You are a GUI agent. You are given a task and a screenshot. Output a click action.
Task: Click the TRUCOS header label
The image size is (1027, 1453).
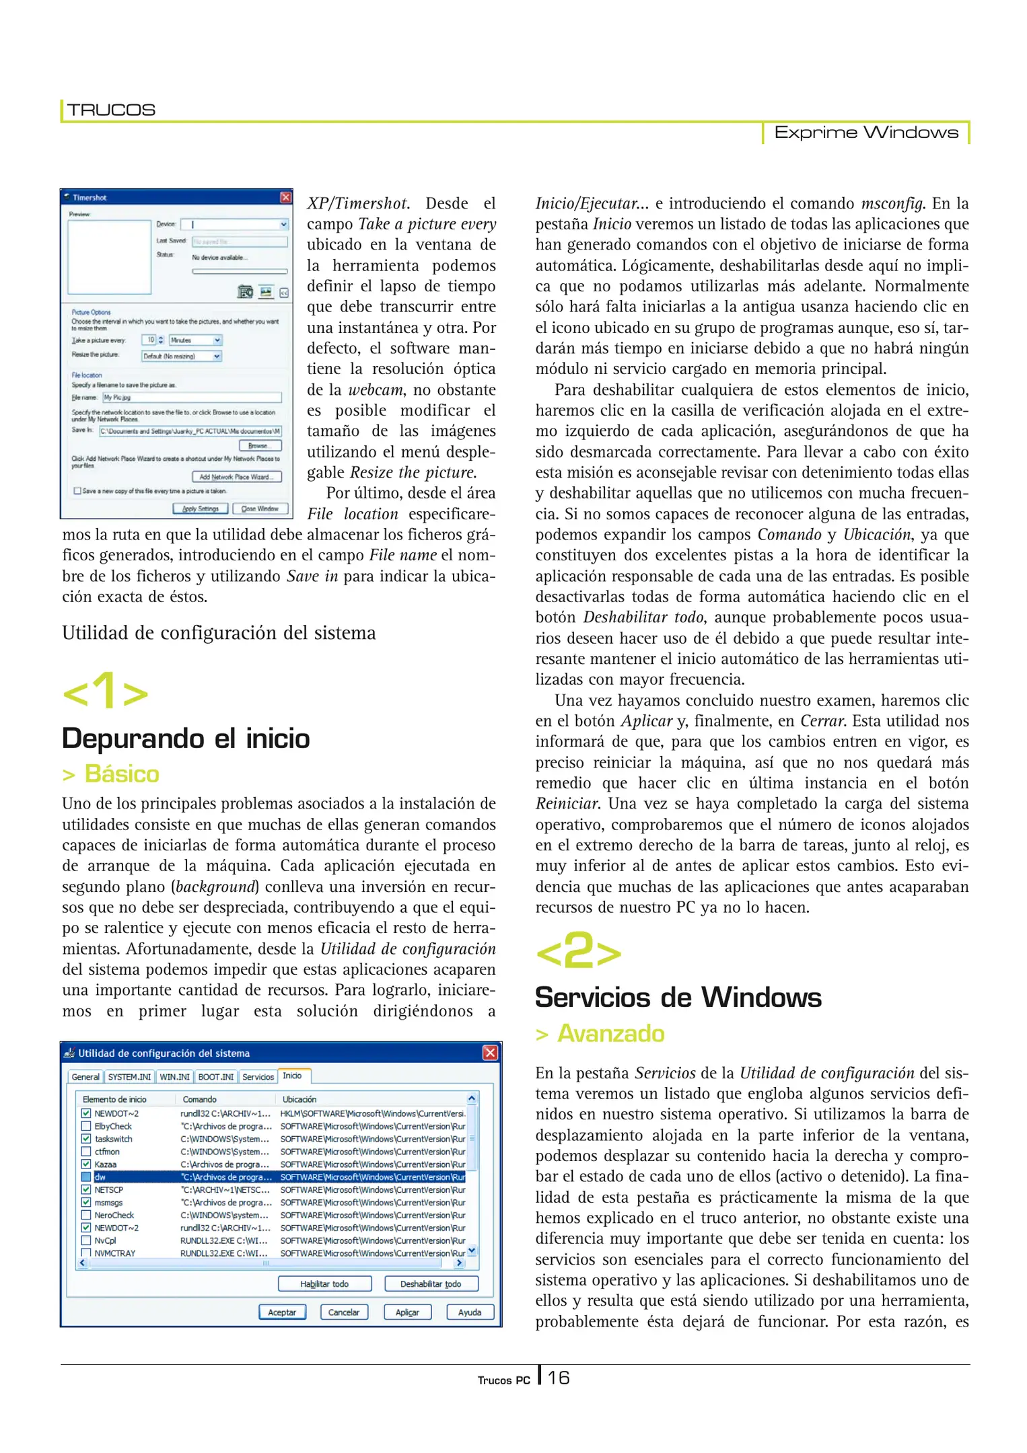111,110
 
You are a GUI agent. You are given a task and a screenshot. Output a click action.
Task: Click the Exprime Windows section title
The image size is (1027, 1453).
865,133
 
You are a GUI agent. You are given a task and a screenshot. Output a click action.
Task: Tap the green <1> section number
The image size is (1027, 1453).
105,691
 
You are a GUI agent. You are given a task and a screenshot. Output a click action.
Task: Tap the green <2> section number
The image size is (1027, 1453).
578,951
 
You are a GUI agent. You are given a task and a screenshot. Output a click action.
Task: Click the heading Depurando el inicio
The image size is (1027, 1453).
186,739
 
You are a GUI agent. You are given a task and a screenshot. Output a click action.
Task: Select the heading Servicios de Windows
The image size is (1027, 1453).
678,998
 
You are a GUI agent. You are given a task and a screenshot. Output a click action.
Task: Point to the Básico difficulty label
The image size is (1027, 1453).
121,774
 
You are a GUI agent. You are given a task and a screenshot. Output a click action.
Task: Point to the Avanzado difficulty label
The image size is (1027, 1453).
610,1034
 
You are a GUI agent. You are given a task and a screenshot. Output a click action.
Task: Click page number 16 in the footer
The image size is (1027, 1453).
559,1378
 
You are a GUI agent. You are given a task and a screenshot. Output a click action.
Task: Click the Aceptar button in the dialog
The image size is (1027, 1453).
282,1312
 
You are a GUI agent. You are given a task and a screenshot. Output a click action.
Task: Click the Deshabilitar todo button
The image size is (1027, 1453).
431,1283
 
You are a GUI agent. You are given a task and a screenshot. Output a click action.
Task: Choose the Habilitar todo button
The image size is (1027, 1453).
324,1283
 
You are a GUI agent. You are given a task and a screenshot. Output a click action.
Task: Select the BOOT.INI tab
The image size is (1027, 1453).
216,1076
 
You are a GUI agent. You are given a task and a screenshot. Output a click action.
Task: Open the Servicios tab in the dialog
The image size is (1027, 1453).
258,1076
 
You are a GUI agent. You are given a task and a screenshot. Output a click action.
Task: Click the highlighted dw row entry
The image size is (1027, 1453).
100,1177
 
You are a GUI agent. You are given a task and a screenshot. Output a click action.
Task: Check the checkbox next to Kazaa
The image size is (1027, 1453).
86,1164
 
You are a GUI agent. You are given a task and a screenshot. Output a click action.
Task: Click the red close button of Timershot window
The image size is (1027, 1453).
285,197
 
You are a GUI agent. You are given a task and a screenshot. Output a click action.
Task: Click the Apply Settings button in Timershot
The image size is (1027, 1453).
201,509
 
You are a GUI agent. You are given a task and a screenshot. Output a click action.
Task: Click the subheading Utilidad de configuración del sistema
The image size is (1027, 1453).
219,633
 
